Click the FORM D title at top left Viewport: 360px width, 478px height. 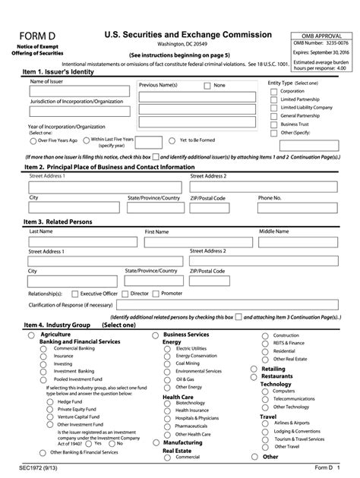click(40, 38)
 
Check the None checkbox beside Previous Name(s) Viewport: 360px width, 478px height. click(207, 86)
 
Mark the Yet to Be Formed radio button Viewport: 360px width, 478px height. click(172, 140)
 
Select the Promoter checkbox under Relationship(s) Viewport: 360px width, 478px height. click(156, 293)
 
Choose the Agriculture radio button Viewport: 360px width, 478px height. click(30, 335)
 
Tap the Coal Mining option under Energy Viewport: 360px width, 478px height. click(169, 363)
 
